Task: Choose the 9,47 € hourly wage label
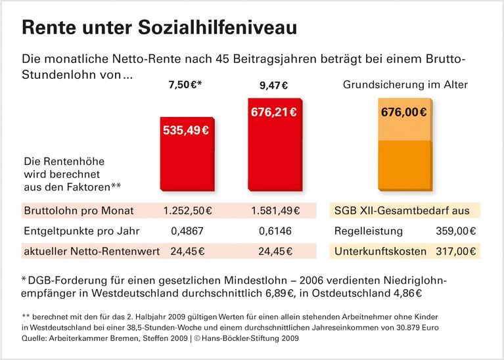click(273, 85)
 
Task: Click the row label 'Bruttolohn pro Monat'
click(78, 211)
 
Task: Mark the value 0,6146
click(275, 231)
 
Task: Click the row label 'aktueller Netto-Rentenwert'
click(89, 251)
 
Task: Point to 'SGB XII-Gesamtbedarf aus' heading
click(401, 211)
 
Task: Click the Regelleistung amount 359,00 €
click(456, 231)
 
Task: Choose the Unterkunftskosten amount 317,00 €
click(456, 251)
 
